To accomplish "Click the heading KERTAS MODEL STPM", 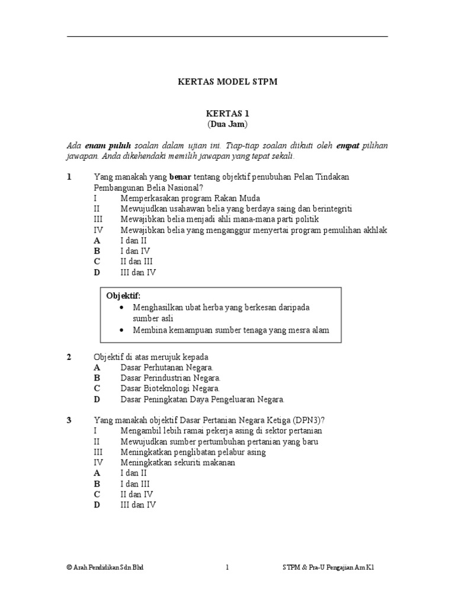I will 227,82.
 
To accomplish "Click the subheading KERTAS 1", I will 227,113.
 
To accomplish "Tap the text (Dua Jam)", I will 227,124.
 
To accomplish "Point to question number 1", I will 69,177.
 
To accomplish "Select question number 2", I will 69,356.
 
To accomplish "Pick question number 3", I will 69,420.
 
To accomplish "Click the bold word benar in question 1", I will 181,177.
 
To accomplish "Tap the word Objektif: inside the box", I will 124,296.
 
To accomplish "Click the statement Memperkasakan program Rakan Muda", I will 190,198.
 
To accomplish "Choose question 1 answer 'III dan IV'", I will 139,273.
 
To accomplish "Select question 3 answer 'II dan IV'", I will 137,494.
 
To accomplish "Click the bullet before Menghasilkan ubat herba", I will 122,308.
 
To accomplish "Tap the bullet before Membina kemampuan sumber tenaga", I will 122,330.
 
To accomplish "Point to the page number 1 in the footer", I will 227,567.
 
